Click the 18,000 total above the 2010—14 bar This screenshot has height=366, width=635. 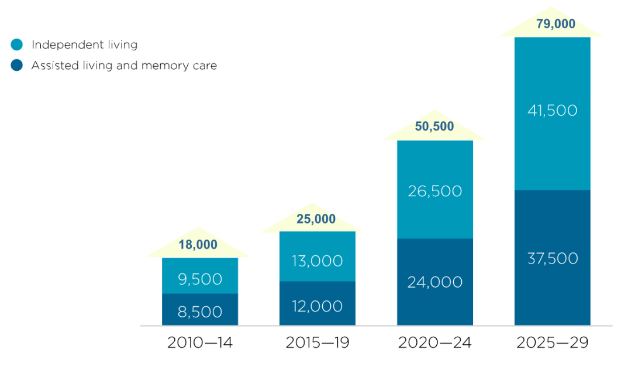[198, 245]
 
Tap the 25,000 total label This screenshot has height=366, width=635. [317, 219]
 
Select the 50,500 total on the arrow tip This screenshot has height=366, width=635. [434, 126]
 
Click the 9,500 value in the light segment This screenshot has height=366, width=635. [200, 279]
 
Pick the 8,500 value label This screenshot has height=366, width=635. [200, 312]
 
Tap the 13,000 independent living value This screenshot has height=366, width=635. [317, 261]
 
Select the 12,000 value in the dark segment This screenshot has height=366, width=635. [317, 306]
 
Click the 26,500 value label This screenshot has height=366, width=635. [435, 191]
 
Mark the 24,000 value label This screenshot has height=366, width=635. [435, 282]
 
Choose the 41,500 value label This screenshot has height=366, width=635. [553, 111]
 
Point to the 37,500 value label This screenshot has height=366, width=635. [553, 258]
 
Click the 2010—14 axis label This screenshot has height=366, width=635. [200, 343]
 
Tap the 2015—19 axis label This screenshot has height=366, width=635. [317, 343]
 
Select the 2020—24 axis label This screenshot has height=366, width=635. [434, 343]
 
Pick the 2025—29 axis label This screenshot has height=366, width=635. [553, 343]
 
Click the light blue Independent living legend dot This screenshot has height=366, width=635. [17, 45]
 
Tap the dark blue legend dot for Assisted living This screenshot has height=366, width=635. [17, 65]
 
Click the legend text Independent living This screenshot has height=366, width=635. [84, 45]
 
